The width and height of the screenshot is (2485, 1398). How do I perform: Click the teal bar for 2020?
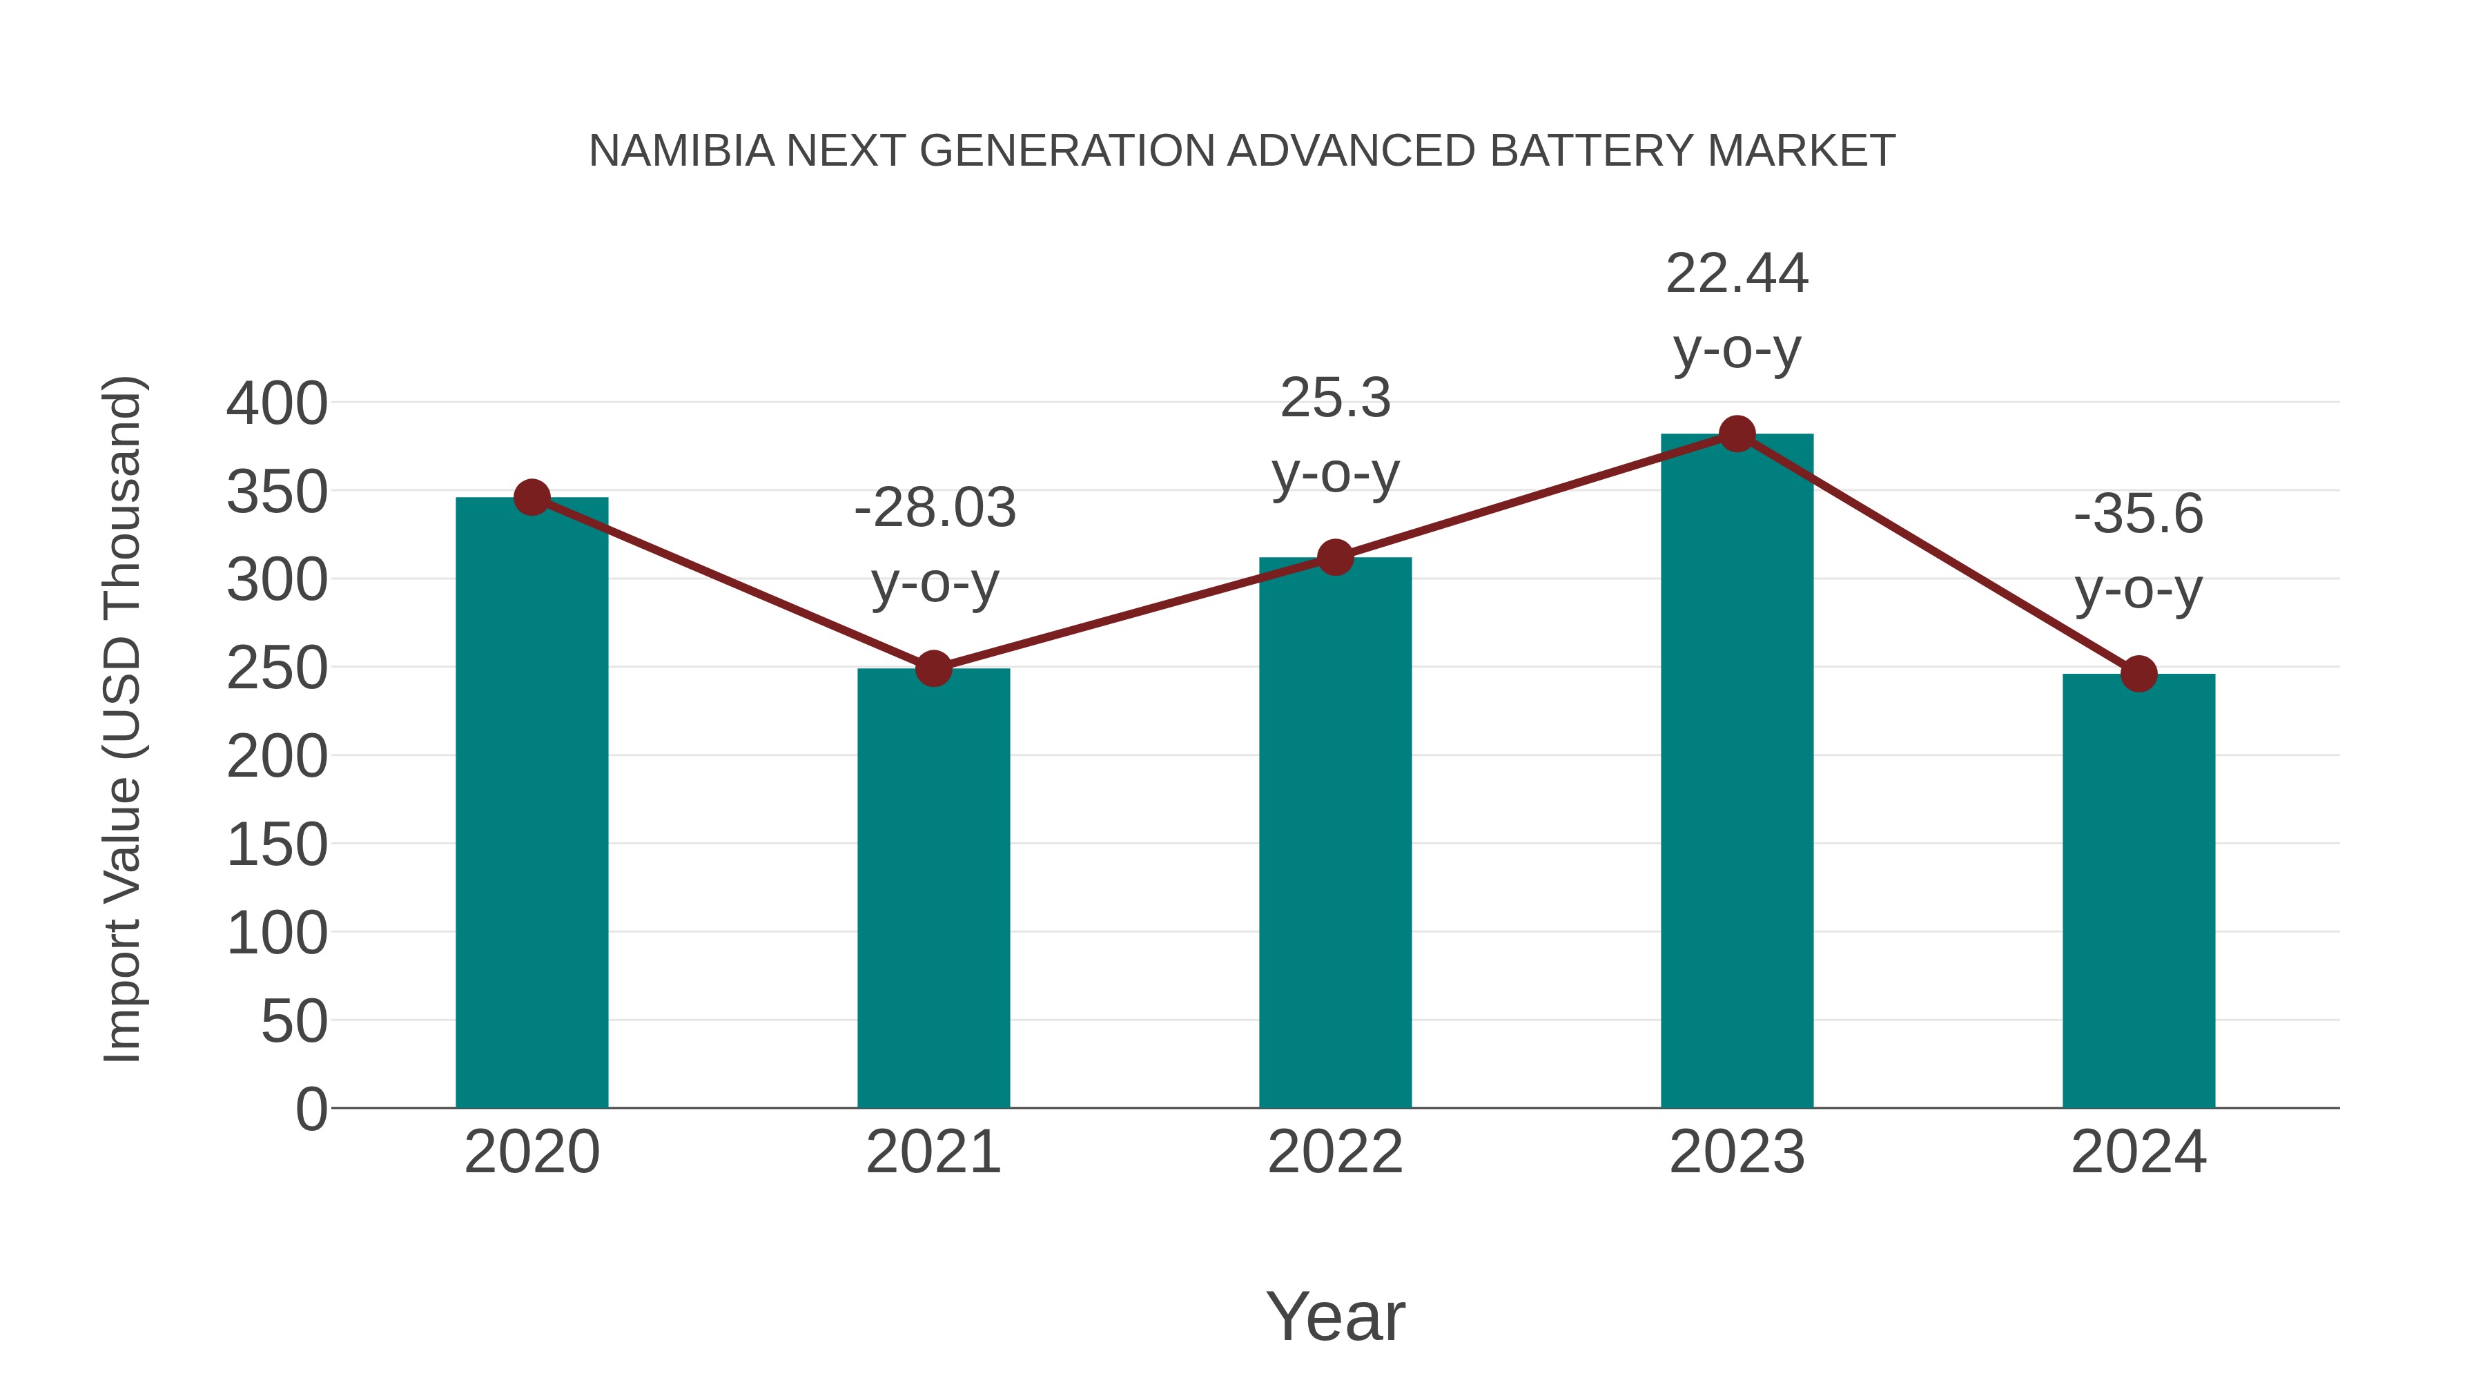(x=532, y=801)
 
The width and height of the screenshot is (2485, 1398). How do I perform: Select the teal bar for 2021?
(x=933, y=888)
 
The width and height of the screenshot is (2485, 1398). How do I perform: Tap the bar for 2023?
(x=1737, y=772)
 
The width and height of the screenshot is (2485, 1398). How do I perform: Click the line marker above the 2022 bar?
(x=1335, y=556)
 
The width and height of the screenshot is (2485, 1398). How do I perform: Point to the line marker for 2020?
(x=532, y=498)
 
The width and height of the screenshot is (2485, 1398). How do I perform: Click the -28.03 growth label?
(x=935, y=508)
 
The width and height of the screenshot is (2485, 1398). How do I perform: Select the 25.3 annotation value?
(x=1335, y=398)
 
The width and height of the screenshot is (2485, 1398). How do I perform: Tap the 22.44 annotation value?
(x=1737, y=274)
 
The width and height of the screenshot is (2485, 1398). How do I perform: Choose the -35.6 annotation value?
(x=2138, y=514)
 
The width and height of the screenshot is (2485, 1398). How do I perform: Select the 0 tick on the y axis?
(x=311, y=1109)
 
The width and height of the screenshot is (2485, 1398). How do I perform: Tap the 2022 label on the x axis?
(x=1335, y=1152)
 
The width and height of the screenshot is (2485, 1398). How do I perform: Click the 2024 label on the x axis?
(x=2138, y=1152)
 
